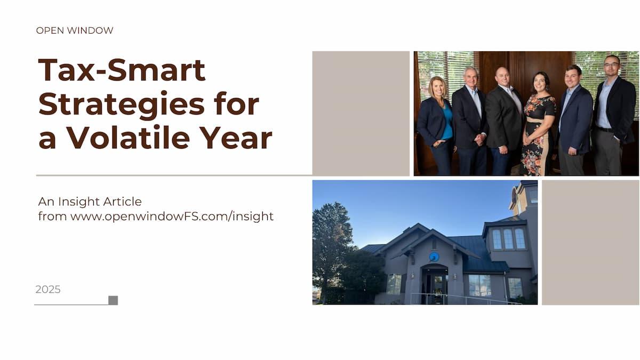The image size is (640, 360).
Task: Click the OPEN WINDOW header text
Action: point(75,30)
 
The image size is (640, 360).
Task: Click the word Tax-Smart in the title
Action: point(122,70)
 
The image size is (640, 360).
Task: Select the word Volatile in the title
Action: point(129,138)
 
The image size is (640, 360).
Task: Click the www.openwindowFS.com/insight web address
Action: point(172,217)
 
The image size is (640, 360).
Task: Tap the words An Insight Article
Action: point(90,202)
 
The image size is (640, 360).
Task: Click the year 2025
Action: point(48,290)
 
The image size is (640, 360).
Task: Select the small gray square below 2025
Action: point(113,301)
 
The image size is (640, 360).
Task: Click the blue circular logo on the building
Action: point(434,257)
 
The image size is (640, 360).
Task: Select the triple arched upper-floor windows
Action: point(509,239)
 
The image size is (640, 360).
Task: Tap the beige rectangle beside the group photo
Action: point(361,114)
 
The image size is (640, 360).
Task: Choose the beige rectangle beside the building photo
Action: point(590,242)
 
